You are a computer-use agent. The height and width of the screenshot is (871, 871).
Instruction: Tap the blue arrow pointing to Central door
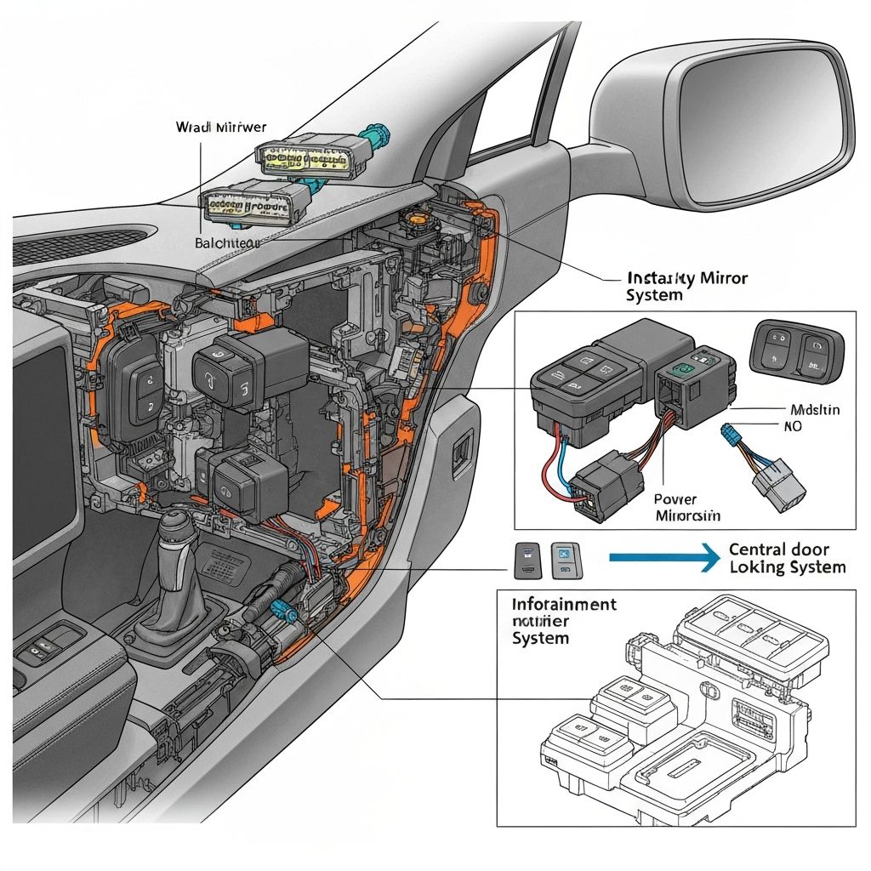coord(664,557)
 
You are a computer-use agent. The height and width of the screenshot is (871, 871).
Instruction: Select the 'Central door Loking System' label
coord(787,558)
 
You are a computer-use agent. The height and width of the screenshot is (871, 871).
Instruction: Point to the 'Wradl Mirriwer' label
coord(220,128)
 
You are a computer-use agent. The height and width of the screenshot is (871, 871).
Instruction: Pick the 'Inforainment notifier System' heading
coord(563,621)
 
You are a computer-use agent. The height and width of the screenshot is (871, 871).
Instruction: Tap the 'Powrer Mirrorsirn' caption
coord(686,508)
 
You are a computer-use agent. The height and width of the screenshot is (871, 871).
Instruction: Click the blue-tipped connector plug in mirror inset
coord(729,435)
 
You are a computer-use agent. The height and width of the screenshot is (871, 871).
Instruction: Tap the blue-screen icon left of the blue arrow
coord(562,558)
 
